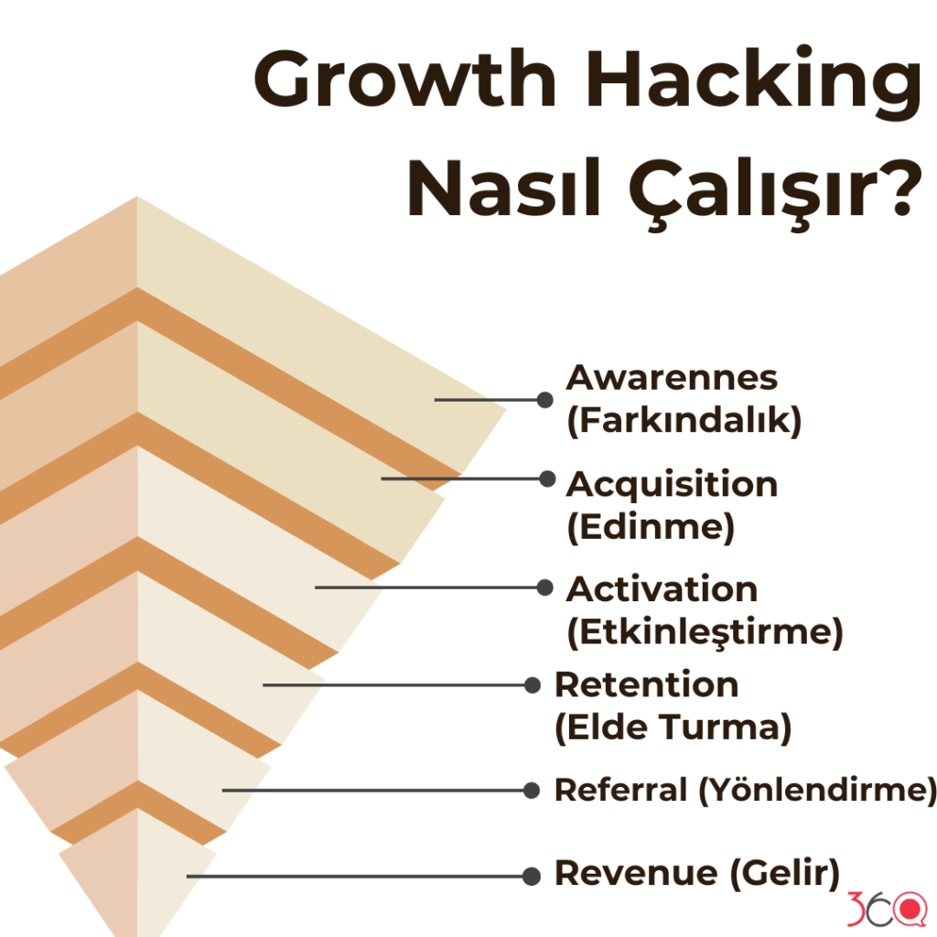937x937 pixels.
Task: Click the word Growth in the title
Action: [405, 81]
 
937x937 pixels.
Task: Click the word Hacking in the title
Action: [754, 82]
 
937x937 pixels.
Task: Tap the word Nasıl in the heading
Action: [503, 188]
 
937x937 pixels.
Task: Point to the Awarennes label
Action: [672, 378]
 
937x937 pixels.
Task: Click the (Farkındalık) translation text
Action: [684, 420]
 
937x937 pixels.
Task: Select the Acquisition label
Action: [672, 485]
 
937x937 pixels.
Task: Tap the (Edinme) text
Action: [651, 528]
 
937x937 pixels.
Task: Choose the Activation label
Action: [662, 589]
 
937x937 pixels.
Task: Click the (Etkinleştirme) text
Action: [705, 633]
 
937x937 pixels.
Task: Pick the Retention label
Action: [647, 684]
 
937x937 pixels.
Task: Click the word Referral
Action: [621, 790]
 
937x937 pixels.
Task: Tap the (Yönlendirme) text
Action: [818, 791]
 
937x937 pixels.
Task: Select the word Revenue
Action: [637, 873]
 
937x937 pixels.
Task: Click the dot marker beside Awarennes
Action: [544, 400]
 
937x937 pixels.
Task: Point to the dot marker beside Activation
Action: [544, 587]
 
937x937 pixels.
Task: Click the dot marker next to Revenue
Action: [532, 877]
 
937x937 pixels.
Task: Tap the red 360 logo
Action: [887, 909]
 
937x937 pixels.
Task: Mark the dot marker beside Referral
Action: [532, 791]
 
